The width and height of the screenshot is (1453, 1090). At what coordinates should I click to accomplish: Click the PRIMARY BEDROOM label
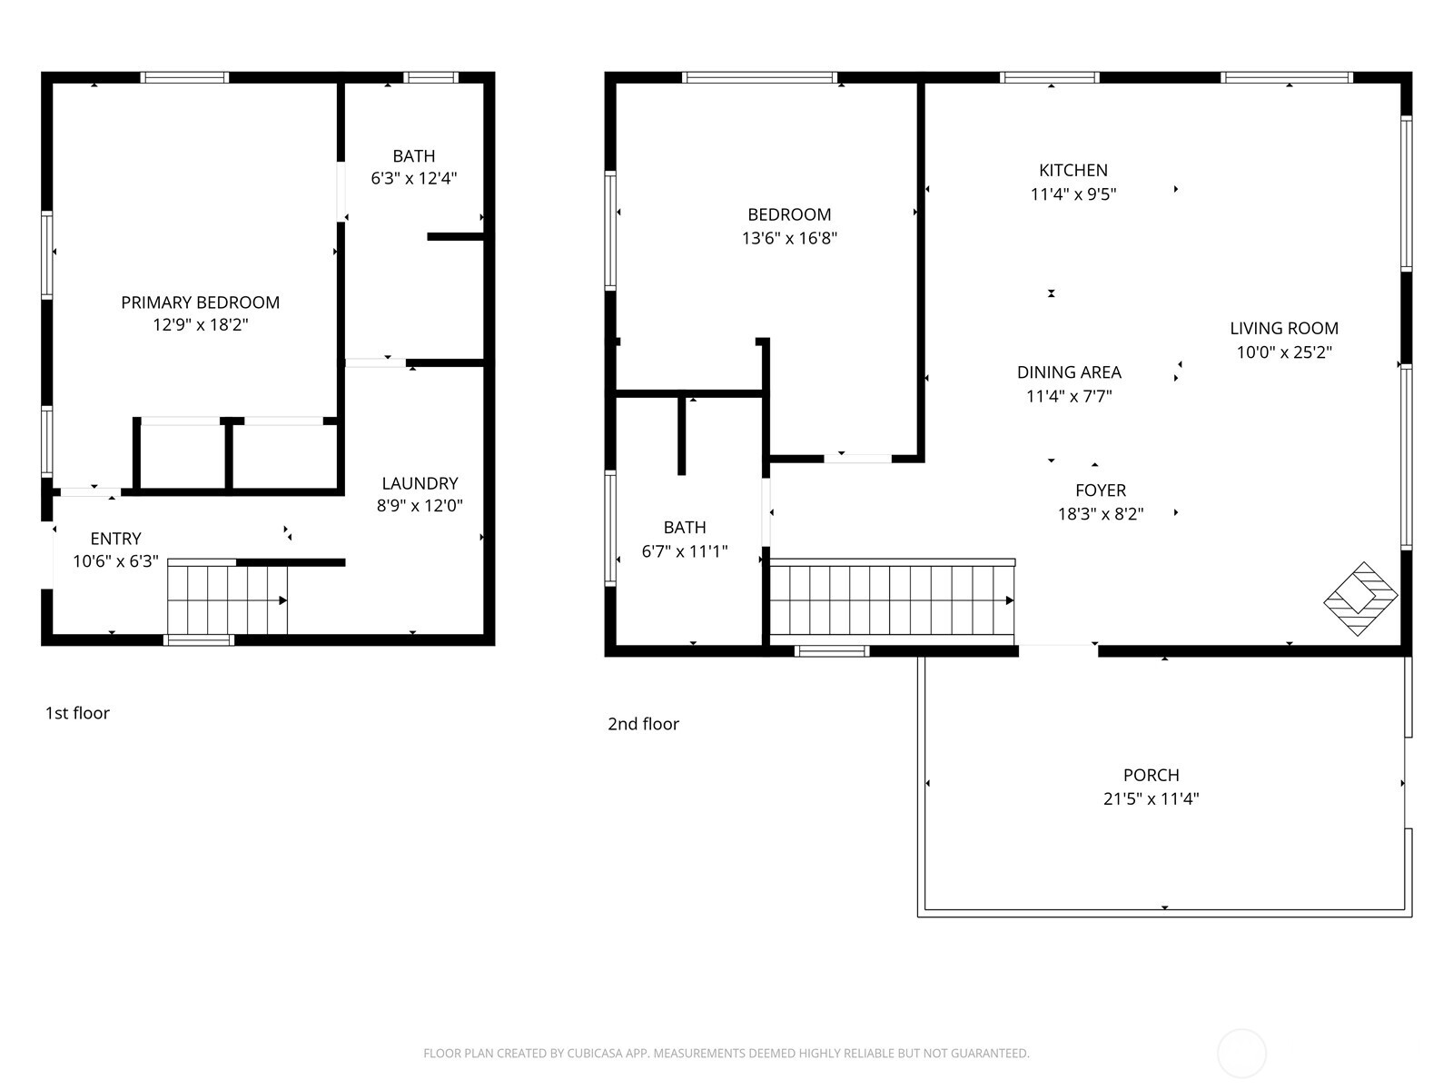[x=200, y=302]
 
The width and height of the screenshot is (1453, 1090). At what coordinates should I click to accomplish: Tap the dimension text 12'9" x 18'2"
[x=200, y=325]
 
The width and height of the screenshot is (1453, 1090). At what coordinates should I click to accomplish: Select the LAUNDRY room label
[x=420, y=483]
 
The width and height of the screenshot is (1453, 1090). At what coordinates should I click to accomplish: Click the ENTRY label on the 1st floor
[x=115, y=539]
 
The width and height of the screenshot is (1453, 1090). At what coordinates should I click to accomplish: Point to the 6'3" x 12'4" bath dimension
[x=413, y=179]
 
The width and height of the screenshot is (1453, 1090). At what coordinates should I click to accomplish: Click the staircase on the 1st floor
[x=227, y=599]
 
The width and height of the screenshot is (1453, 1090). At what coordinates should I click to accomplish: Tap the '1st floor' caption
[x=77, y=713]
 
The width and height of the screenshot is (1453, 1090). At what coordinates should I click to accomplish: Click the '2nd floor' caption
[x=643, y=724]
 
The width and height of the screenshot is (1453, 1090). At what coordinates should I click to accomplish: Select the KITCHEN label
[x=1073, y=170]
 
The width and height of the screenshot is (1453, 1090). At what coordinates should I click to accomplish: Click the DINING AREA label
[x=1069, y=372]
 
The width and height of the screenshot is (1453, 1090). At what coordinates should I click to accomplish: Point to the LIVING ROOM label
[x=1284, y=329]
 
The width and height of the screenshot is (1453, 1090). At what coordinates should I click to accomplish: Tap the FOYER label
[x=1101, y=490]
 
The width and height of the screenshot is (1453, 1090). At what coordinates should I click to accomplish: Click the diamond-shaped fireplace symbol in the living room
[x=1360, y=599]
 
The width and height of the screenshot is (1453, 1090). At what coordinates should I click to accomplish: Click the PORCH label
[x=1151, y=776]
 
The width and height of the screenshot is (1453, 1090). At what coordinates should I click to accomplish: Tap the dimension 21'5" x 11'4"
[x=1151, y=799]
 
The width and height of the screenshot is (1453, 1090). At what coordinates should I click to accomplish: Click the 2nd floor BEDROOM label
[x=789, y=215]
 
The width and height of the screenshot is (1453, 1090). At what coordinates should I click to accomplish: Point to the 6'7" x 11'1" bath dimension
[x=685, y=551]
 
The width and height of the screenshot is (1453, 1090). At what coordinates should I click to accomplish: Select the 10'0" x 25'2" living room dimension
[x=1284, y=352]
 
